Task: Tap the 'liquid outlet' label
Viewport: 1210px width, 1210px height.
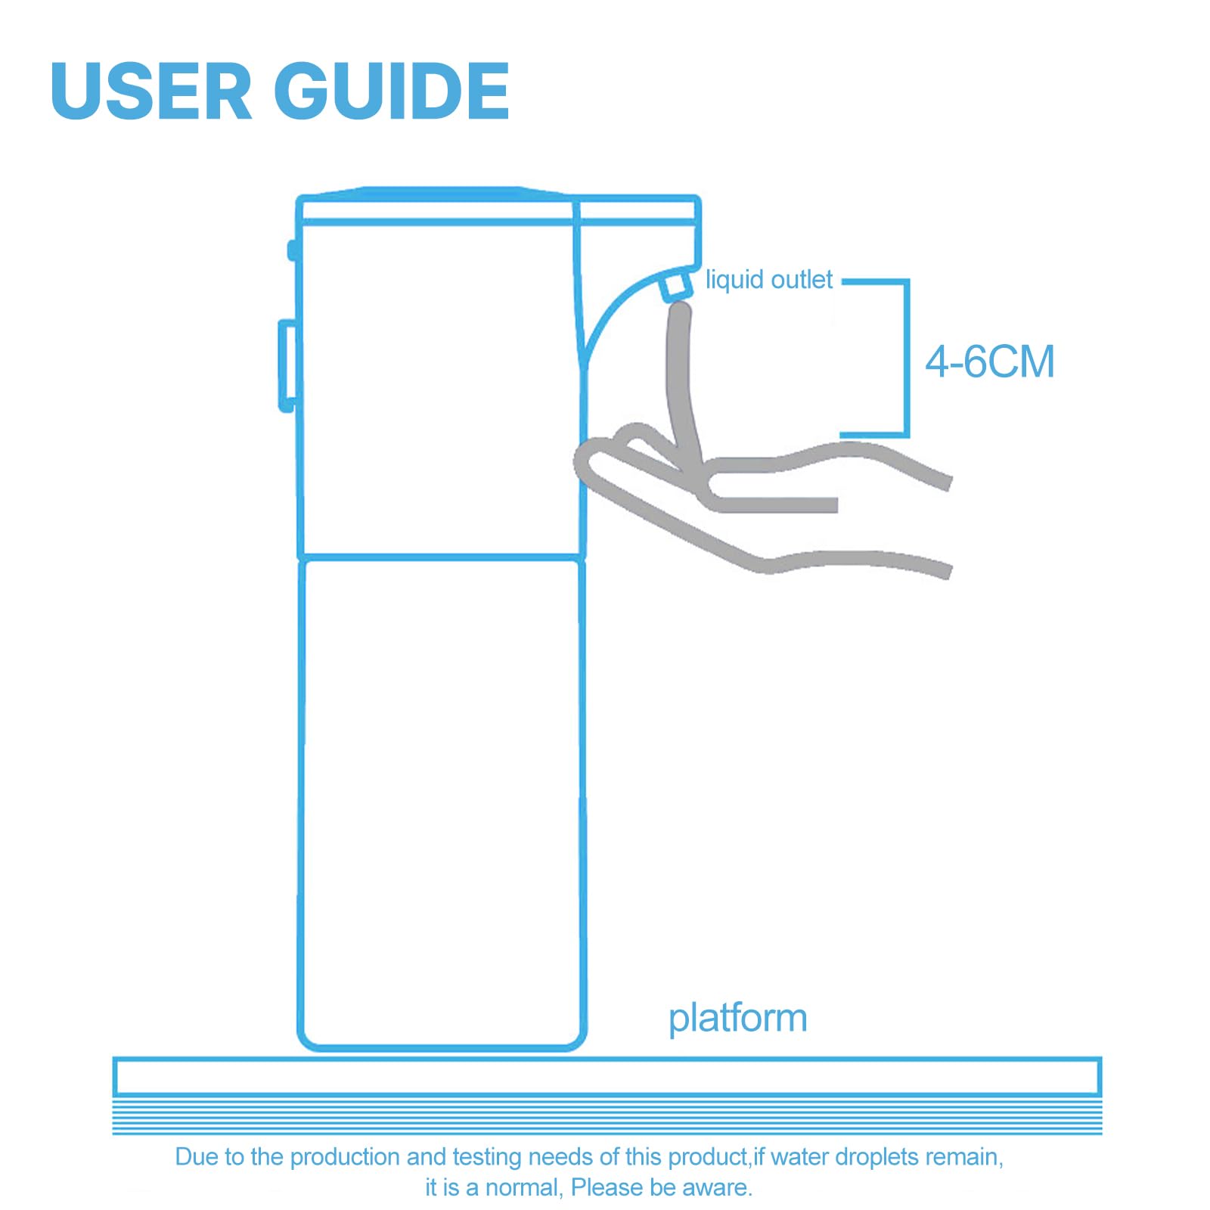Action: pyautogui.click(x=769, y=280)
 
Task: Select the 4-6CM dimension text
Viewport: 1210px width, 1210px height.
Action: pyautogui.click(x=990, y=361)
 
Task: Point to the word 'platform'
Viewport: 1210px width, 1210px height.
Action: pyautogui.click(x=738, y=1019)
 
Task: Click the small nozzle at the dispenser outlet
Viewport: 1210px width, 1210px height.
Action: pyautogui.click(x=675, y=285)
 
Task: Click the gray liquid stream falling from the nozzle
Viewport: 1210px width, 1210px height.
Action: pyautogui.click(x=683, y=382)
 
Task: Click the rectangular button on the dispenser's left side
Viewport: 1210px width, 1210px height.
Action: pyautogui.click(x=287, y=366)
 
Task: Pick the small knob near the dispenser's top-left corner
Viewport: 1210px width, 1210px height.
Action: pyautogui.click(x=292, y=250)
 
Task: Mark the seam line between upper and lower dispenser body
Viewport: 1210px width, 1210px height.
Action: pyautogui.click(x=442, y=558)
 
